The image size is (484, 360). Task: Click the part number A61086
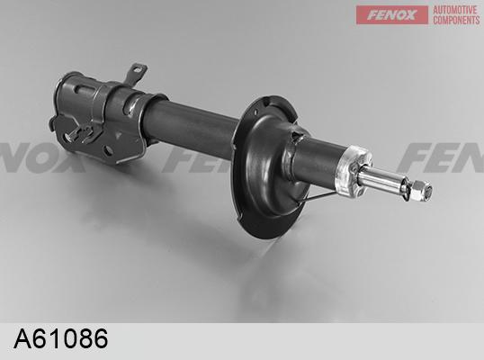61,338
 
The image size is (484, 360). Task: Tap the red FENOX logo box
391,14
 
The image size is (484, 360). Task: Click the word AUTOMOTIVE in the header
455,10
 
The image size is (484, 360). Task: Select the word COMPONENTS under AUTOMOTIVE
456,20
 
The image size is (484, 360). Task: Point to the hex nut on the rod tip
420,189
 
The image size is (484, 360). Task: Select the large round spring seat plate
269,166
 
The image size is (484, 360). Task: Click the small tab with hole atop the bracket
136,73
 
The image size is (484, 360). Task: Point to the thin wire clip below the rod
318,197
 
